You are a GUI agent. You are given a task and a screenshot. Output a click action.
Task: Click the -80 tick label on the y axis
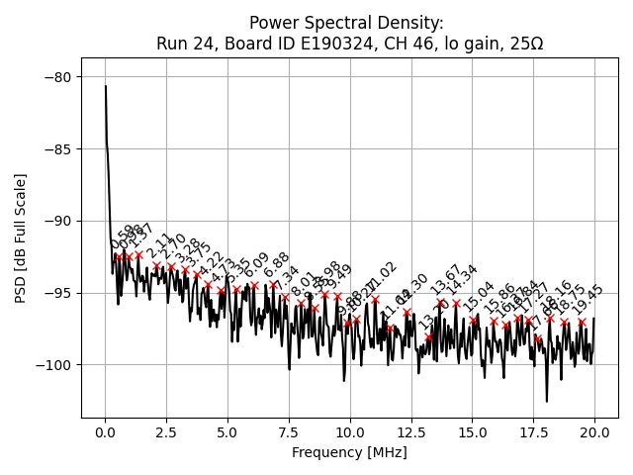pyautogui.click(x=58, y=77)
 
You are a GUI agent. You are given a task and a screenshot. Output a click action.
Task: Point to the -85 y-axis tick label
pyautogui.click(x=58, y=149)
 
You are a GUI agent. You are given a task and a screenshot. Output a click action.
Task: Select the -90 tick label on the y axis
pyautogui.click(x=58, y=222)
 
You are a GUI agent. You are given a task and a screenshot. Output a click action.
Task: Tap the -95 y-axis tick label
pyautogui.click(x=58, y=293)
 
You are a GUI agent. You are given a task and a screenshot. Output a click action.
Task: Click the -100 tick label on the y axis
pyautogui.click(x=54, y=365)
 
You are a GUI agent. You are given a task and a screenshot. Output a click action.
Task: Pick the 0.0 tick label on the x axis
pyautogui.click(x=105, y=432)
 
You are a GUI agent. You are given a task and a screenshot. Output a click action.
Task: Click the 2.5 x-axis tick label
pyautogui.click(x=166, y=432)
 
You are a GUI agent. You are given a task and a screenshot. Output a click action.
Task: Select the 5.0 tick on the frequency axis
pyautogui.click(x=227, y=432)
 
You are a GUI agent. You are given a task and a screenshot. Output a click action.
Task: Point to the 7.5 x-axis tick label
pyautogui.click(x=288, y=432)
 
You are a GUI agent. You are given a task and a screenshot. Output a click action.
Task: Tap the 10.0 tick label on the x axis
pyautogui.click(x=349, y=432)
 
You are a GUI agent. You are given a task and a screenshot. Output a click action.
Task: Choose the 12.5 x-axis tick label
pyautogui.click(x=410, y=432)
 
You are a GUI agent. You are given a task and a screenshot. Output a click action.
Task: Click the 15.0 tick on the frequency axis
pyautogui.click(x=472, y=432)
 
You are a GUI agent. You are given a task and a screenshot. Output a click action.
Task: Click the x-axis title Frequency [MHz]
pyautogui.click(x=349, y=452)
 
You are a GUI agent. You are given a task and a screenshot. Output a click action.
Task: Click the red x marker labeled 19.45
pyautogui.click(x=581, y=322)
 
